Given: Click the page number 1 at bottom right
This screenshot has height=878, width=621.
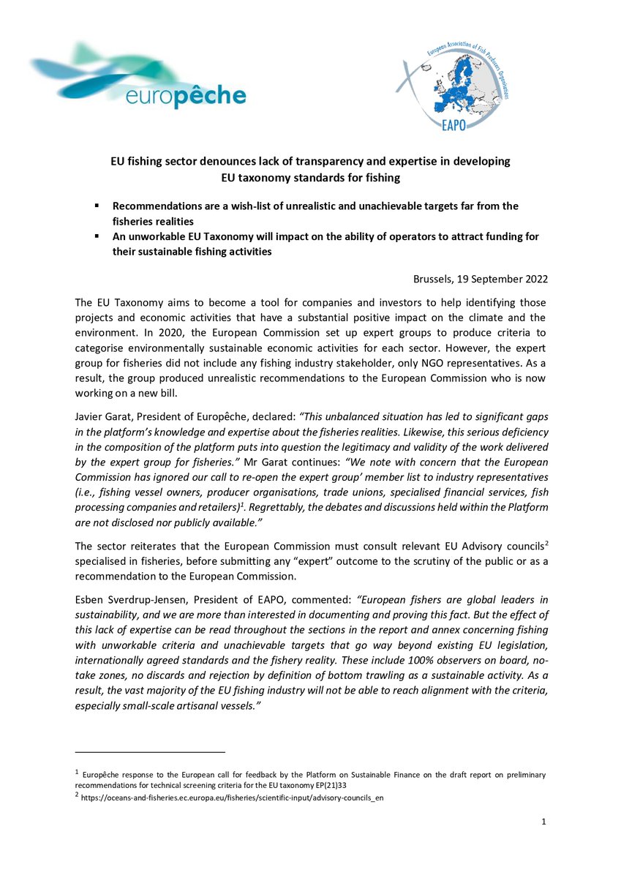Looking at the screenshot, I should point(544,823).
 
